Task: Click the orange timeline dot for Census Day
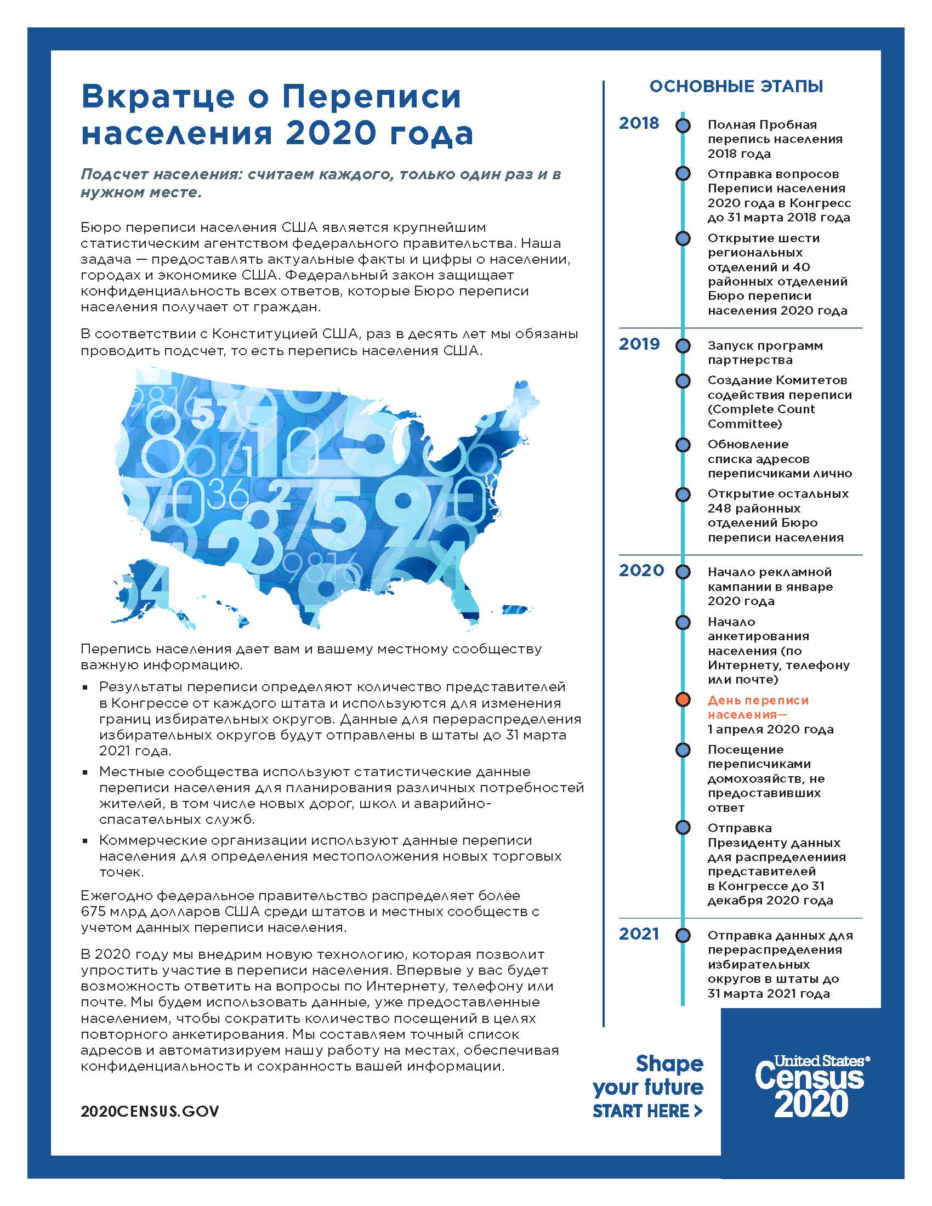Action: (x=683, y=699)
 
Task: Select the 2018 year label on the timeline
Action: (x=639, y=123)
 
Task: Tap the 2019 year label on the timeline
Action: (x=639, y=344)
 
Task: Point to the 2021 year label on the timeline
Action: (x=639, y=934)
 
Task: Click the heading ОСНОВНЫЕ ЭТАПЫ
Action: (x=736, y=87)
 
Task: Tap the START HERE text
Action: (x=646, y=1111)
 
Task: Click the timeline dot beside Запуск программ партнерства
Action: (x=683, y=346)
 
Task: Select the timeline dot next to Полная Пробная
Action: (x=683, y=126)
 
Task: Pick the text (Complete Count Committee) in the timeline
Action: (x=761, y=417)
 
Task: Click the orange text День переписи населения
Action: (x=758, y=707)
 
